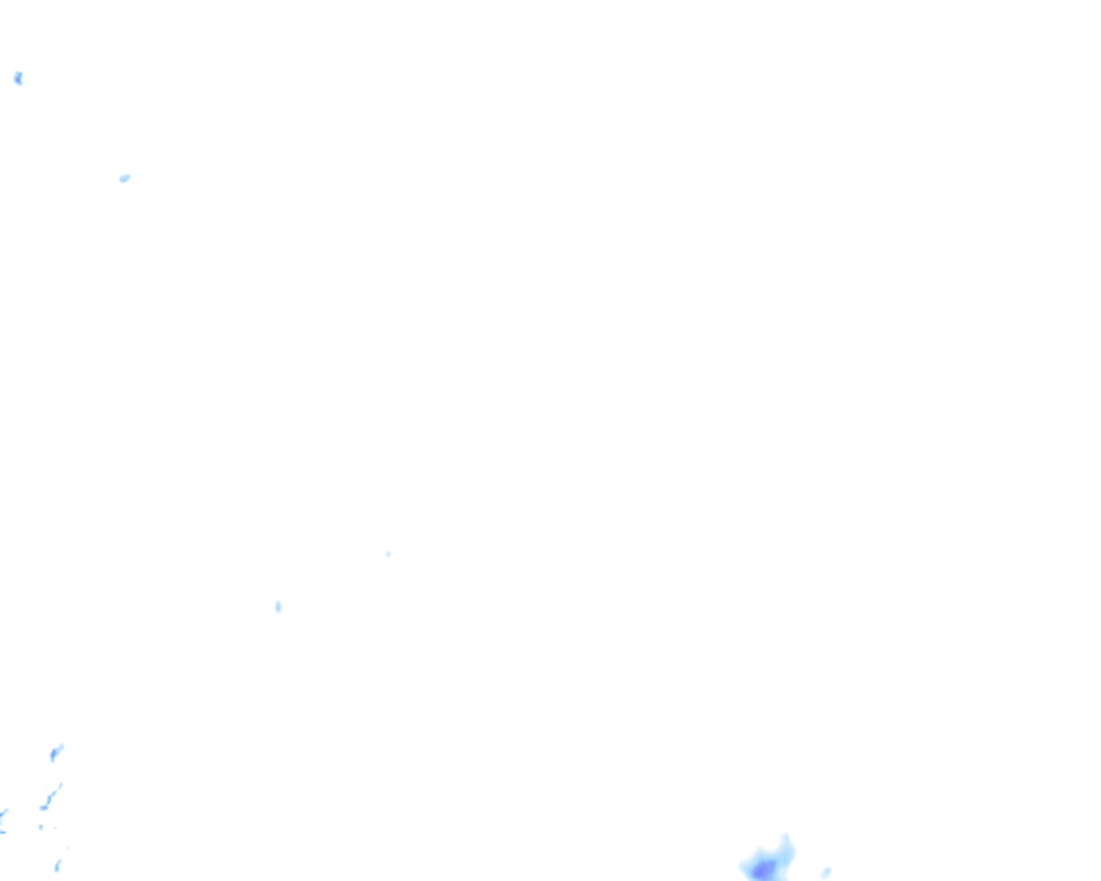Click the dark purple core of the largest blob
(x=762, y=871)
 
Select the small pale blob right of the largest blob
(x=826, y=872)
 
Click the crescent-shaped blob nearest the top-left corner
(x=18, y=78)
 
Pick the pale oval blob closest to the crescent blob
(x=125, y=178)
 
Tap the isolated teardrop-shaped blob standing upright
(x=278, y=607)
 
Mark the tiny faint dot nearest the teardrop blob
(x=388, y=554)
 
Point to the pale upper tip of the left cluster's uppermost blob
(x=61, y=747)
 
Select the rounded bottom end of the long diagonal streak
(x=43, y=807)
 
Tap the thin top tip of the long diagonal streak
(x=60, y=785)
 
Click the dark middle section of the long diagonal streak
(x=50, y=798)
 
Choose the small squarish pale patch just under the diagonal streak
(x=40, y=827)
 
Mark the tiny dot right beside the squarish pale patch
(x=55, y=829)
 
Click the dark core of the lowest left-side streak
(x=57, y=867)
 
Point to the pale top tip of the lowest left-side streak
(x=59, y=859)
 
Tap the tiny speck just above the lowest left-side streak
(x=68, y=847)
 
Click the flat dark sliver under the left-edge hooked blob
(x=3, y=831)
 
